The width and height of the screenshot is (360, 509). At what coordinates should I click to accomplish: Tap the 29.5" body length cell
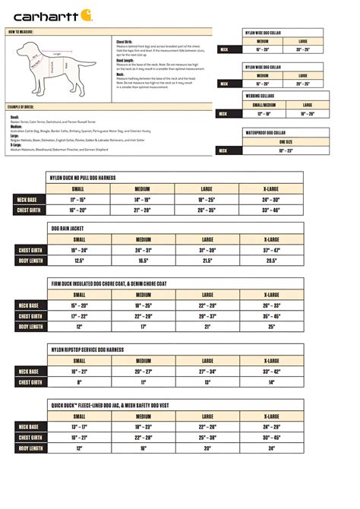271,260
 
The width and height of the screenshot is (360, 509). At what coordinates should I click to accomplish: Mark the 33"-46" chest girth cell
271,210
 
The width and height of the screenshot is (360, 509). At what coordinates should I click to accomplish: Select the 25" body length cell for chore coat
271,327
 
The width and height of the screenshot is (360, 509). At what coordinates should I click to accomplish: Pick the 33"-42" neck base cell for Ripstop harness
271,371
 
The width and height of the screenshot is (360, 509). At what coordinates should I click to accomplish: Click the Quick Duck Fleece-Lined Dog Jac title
109,406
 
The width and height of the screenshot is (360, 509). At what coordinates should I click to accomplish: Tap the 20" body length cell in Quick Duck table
207,448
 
